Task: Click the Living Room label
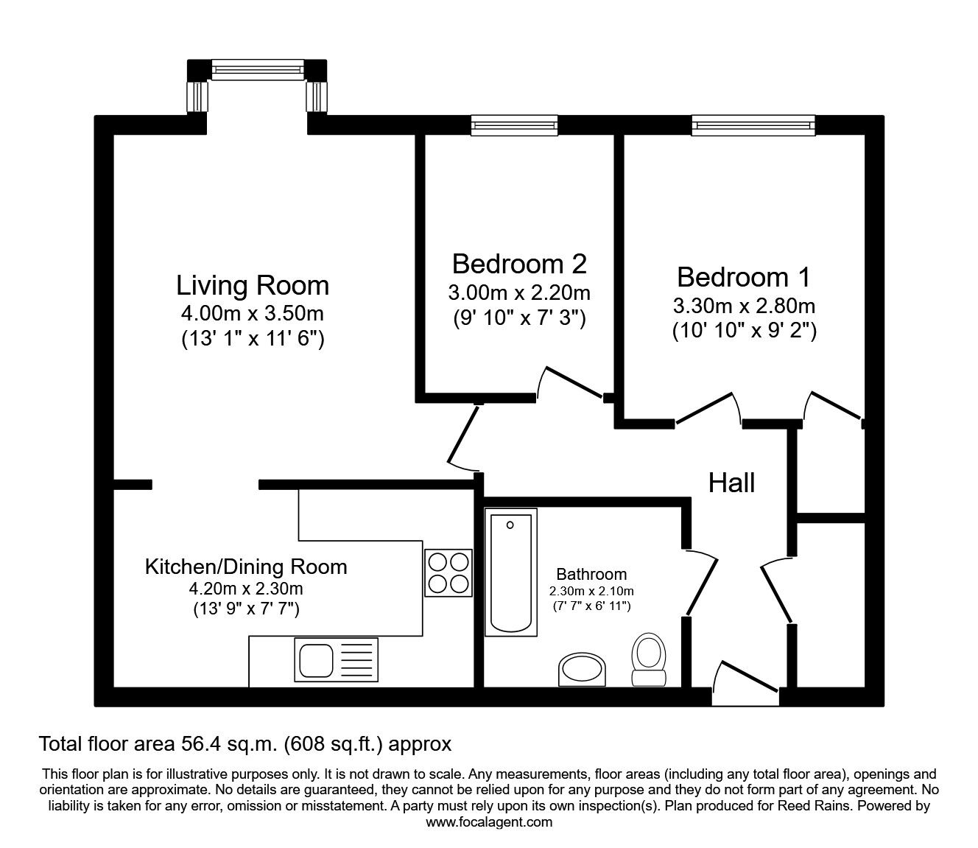click(x=252, y=285)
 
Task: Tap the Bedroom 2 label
click(x=519, y=263)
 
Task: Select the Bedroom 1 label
click(x=743, y=277)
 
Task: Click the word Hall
click(x=731, y=483)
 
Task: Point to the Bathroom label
click(x=591, y=574)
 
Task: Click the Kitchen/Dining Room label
click(x=246, y=567)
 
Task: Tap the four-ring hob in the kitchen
click(x=448, y=572)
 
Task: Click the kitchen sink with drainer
click(x=336, y=659)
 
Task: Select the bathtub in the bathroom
click(x=510, y=572)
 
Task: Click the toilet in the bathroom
click(x=648, y=659)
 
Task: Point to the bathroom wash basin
click(x=582, y=669)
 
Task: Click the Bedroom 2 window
click(x=514, y=125)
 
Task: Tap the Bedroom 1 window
click(x=753, y=125)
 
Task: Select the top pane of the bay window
click(x=257, y=69)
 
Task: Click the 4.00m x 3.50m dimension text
click(x=252, y=314)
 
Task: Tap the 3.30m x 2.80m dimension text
click(x=743, y=305)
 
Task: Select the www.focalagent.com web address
click(x=489, y=822)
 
